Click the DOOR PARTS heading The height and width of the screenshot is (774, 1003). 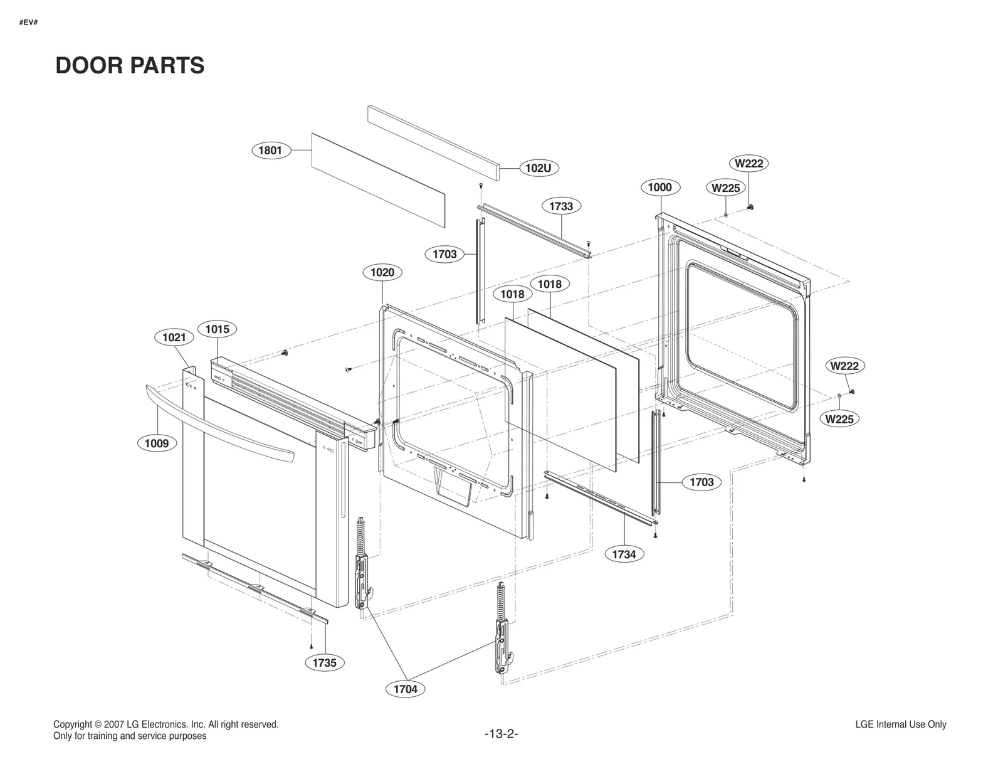[130, 65]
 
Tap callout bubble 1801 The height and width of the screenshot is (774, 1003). [270, 151]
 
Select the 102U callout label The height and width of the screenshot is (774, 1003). [538, 168]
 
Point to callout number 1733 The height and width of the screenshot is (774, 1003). [561, 206]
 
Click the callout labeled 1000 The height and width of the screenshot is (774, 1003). [659, 187]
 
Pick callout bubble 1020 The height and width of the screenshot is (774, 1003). [382, 272]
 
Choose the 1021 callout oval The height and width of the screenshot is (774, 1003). [174, 337]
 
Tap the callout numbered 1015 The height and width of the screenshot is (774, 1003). [218, 329]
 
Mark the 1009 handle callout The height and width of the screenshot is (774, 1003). [157, 443]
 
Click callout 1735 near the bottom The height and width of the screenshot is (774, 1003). [325, 662]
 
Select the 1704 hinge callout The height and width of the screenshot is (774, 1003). [406, 689]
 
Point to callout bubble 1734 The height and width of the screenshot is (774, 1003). [624, 554]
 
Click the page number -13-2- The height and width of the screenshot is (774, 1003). [501, 734]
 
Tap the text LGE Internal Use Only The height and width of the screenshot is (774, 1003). [900, 724]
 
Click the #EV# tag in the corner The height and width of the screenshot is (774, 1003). [28, 23]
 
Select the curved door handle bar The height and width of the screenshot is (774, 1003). [219, 423]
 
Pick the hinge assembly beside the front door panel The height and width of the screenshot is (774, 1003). [362, 565]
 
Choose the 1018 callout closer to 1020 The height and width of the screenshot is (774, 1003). [512, 294]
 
